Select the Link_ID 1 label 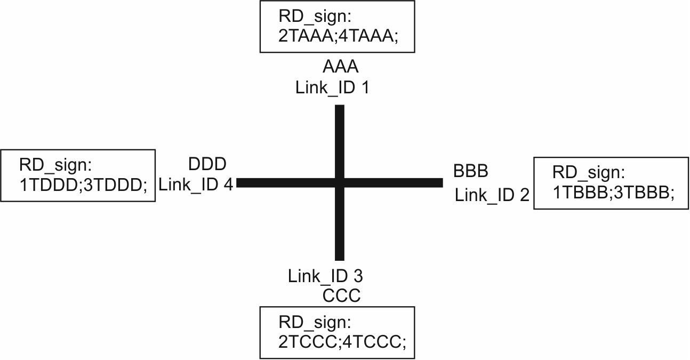point(332,87)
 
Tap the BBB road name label point(471,172)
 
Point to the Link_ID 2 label point(492,195)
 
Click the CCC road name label point(341,295)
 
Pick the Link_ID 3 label point(326,276)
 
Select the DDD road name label point(207,163)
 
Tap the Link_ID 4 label point(196,184)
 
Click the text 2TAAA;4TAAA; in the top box point(338,38)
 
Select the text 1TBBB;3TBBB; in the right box point(613,193)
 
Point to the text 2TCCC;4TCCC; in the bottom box point(342,341)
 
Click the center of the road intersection point(339,182)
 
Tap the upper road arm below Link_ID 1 point(339,139)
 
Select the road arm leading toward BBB point(395,182)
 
